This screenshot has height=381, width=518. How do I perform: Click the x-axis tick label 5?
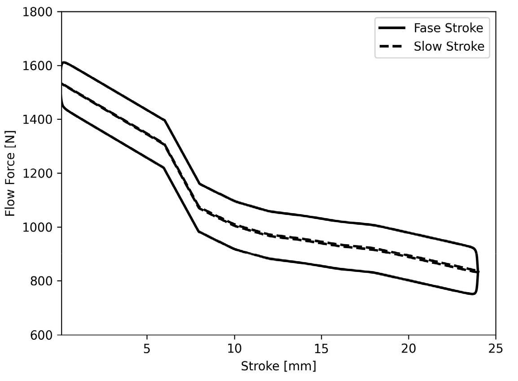[x=147, y=349]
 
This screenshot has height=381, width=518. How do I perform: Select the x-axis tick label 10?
[x=234, y=349]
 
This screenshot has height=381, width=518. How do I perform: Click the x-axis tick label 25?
[x=496, y=349]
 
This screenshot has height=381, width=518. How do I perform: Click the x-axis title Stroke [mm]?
[x=278, y=366]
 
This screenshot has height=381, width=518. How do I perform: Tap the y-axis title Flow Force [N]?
[x=10, y=173]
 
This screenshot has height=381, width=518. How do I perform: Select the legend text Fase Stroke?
[x=448, y=28]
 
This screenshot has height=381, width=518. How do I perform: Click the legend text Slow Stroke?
[x=449, y=46]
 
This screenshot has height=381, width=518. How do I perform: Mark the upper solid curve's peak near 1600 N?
[x=65, y=62]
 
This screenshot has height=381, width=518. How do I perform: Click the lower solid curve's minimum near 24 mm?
[x=472, y=294]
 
